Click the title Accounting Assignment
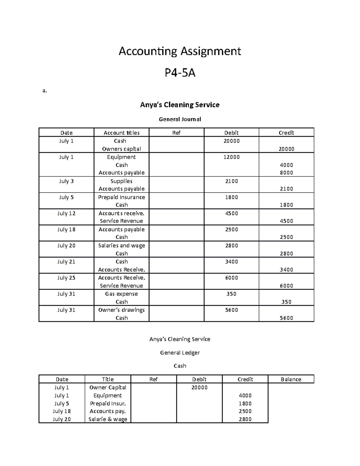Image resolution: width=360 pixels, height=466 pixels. pos(180,51)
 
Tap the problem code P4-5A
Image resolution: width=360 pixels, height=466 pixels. pos(180,73)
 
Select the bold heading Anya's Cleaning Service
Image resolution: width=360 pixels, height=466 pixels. pos(180,105)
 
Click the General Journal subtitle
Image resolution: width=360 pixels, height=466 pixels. pos(180,119)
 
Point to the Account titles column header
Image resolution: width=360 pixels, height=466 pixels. pos(121,133)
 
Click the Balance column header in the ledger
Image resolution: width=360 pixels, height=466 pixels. pos(291,379)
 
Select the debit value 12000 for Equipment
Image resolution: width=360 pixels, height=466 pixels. pos(231,157)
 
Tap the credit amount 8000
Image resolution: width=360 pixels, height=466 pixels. pos(286,173)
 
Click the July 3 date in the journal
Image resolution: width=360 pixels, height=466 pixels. pos(66,181)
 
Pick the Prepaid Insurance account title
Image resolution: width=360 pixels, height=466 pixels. pos(121,197)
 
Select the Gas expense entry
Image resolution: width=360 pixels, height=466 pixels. pos(121,294)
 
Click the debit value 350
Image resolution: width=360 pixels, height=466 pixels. pos(231,294)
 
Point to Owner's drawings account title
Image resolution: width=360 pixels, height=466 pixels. pos(121,310)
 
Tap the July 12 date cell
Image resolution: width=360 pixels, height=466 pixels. pos(66,213)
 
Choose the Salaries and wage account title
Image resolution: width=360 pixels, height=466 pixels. pos(121,245)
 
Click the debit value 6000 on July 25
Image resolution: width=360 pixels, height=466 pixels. pos(231,278)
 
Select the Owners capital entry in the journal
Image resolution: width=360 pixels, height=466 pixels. pos(121,149)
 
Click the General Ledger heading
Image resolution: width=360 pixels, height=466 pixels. pos(180,353)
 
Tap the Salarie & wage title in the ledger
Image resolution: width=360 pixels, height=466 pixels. pos(108,419)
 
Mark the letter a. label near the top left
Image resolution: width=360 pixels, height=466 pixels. pos(45,91)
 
